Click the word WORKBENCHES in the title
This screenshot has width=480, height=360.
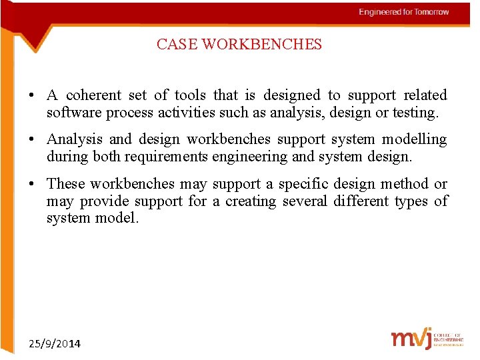click(x=261, y=45)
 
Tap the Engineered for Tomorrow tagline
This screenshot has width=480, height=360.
click(x=403, y=12)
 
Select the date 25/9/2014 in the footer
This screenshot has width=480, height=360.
click(x=55, y=344)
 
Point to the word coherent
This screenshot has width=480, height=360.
click(x=94, y=95)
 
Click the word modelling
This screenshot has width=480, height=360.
click(x=415, y=139)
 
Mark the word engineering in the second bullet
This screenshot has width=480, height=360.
click(x=257, y=157)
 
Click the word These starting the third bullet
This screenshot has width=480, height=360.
click(x=66, y=183)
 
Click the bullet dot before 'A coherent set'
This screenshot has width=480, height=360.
click(x=32, y=96)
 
